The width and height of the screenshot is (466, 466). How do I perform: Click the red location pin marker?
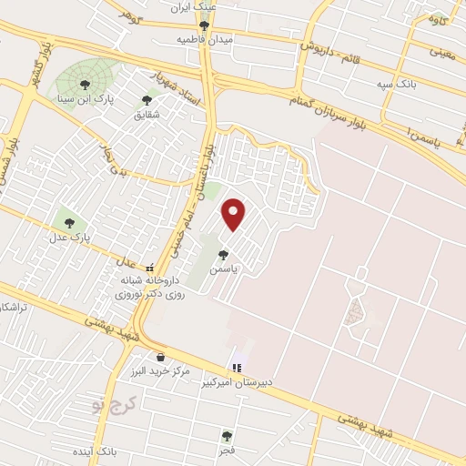click(235, 214)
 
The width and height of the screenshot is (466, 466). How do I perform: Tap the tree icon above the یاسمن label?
click(223, 255)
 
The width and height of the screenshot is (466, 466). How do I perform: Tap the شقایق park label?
click(147, 115)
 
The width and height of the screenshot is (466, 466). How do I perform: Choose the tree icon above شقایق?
click(147, 100)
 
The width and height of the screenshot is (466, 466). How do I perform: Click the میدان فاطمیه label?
click(205, 41)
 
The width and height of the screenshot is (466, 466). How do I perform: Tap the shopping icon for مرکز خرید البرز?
click(161, 357)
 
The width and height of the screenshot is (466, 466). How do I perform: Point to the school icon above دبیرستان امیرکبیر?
click(237, 368)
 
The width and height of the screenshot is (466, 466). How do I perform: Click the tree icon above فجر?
click(226, 436)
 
